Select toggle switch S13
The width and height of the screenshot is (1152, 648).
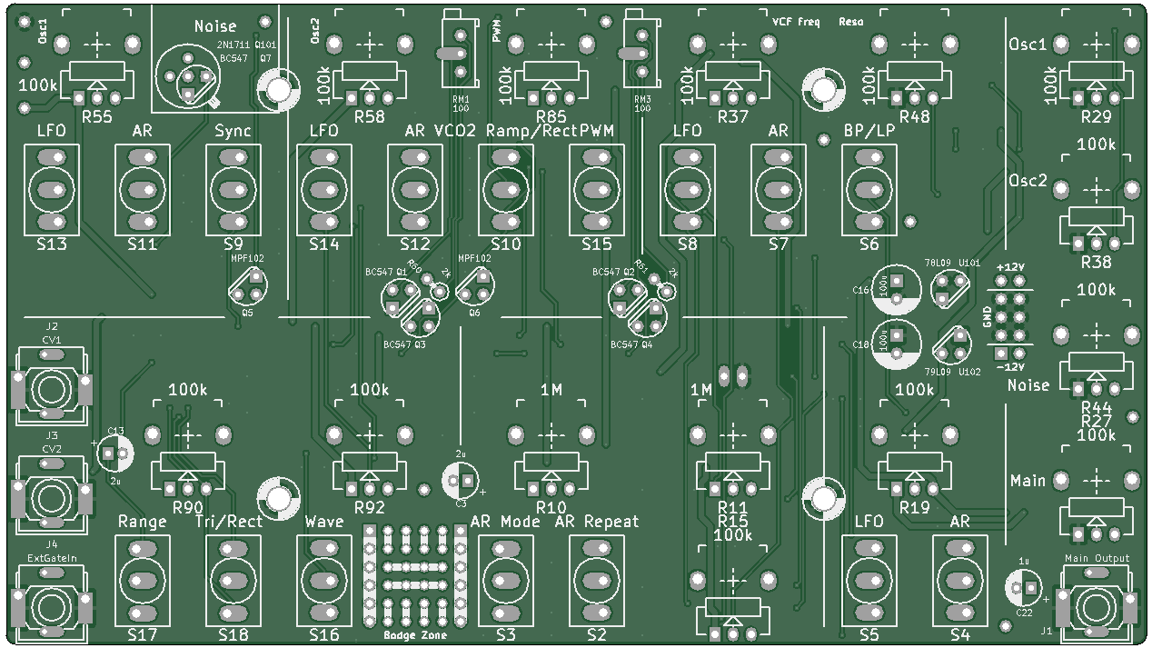pos(52,190)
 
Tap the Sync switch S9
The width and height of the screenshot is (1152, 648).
pos(233,190)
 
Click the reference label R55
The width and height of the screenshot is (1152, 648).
pos(97,116)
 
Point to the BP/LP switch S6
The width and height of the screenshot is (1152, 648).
pos(869,190)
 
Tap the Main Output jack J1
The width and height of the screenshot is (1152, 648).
pos(1097,604)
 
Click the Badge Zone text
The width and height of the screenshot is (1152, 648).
pos(415,635)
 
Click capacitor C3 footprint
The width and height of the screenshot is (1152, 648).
pos(461,480)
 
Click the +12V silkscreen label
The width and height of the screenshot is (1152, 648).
pos(1010,266)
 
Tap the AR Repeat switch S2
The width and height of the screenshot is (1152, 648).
pos(597,579)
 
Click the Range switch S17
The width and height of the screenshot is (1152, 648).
pos(143,579)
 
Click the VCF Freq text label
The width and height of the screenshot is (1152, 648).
pos(796,21)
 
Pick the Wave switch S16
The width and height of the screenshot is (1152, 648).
pos(324,579)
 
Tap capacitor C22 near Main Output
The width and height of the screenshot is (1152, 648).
pos(1024,588)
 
